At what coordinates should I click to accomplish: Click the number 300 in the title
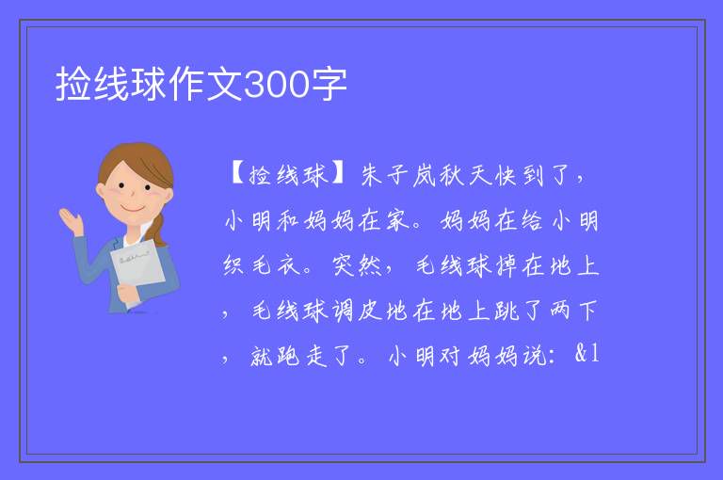coord(276,85)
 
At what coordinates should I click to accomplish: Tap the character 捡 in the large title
coord(73,84)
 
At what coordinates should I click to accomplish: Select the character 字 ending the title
coord(329,84)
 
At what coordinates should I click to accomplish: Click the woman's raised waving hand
coord(71,221)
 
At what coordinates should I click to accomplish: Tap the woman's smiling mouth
coord(133,209)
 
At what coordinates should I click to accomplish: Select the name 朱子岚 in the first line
coord(398,175)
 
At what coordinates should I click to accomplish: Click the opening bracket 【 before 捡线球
coord(237,174)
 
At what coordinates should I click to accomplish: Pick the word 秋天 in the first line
coord(464,175)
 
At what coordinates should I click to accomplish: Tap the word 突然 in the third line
coord(358,265)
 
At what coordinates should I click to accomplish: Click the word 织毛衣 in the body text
coord(262,265)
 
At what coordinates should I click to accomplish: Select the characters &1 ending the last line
coord(587,354)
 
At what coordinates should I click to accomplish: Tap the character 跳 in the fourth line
coord(506,311)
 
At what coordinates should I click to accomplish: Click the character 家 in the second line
coord(397,220)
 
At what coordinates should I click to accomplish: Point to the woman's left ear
coord(101,191)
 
